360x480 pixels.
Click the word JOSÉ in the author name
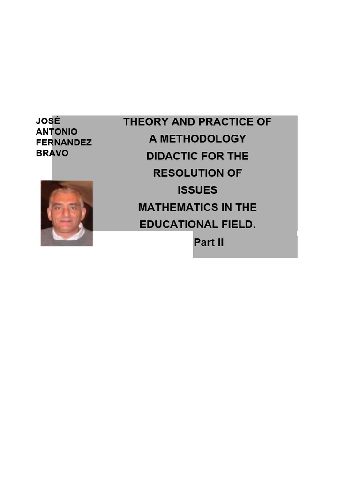click(48, 121)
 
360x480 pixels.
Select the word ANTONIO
click(57, 132)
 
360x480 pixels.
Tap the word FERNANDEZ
click(64, 142)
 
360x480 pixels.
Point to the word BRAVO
click(52, 153)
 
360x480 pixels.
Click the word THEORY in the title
click(146, 122)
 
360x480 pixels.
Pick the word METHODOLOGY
click(203, 139)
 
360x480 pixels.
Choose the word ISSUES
click(197, 190)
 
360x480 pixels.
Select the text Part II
click(209, 242)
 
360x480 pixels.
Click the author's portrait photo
click(67, 213)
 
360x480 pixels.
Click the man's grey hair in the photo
click(66, 193)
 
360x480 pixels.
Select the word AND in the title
click(183, 122)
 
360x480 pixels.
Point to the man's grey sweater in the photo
click(67, 240)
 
